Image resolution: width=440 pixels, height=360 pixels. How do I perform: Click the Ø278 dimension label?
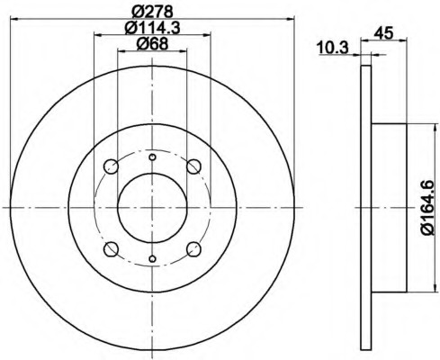click(x=152, y=12)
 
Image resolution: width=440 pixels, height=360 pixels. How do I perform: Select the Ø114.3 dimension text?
click(x=152, y=28)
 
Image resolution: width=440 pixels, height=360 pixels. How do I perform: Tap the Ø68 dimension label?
click(x=152, y=44)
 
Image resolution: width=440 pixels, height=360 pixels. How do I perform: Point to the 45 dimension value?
click(x=383, y=32)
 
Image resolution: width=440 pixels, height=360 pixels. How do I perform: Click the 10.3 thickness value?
click(x=333, y=49)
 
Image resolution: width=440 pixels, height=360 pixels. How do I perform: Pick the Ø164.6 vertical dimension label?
click(x=427, y=208)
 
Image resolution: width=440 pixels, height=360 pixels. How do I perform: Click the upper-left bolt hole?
click(x=111, y=166)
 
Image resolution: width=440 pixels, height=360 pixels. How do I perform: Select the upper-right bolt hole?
click(x=193, y=166)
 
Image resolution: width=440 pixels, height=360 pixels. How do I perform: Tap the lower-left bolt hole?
click(x=111, y=249)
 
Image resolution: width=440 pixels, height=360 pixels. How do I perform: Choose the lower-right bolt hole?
click(x=193, y=249)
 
